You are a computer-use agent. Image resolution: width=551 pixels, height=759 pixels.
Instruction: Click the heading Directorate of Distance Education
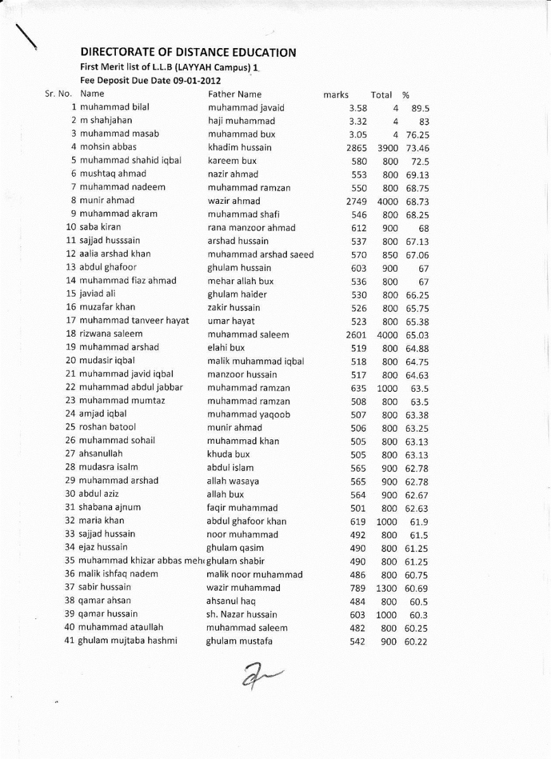click(x=188, y=53)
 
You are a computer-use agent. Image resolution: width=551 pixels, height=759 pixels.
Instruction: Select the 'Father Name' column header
click(x=234, y=94)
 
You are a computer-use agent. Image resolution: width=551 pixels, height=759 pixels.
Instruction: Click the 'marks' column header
click(x=336, y=95)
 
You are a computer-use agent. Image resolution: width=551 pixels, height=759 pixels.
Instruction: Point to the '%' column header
click(x=406, y=95)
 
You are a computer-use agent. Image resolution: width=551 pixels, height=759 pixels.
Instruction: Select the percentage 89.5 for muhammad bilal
click(x=421, y=108)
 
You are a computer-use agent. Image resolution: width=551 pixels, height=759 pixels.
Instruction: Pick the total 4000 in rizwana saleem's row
click(x=387, y=334)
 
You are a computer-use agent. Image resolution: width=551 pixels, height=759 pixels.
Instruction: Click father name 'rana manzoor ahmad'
click(x=251, y=227)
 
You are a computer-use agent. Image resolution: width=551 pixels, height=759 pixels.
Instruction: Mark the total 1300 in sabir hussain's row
click(x=387, y=587)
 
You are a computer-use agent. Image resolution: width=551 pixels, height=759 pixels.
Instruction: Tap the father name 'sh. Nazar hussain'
click(x=241, y=614)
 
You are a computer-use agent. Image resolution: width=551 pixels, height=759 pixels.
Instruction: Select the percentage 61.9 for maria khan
click(x=419, y=521)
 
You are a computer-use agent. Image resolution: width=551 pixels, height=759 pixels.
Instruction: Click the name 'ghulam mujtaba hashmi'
click(x=127, y=641)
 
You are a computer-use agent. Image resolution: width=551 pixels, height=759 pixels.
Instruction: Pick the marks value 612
click(x=358, y=227)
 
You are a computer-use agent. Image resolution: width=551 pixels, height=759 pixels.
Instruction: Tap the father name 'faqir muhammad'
click(x=242, y=508)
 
